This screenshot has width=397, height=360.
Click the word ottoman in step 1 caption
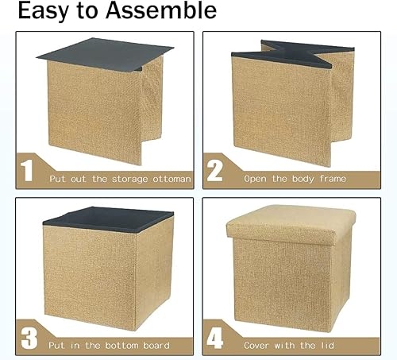coord(172,179)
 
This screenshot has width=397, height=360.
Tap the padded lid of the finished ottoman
coord(294,226)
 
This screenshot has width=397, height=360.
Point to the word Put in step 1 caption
coord(58,179)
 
